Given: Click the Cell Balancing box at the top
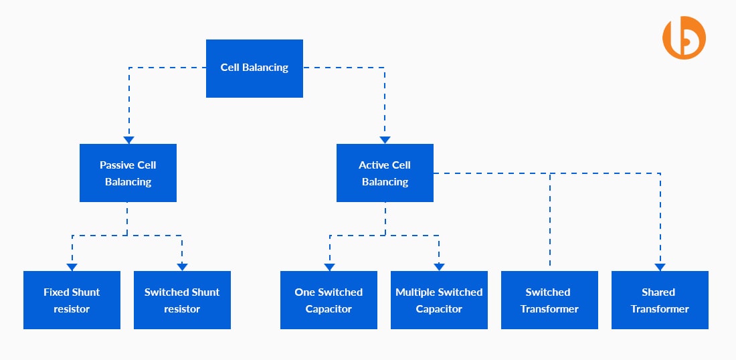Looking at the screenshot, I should click(254, 68).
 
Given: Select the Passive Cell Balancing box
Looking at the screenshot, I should click(128, 173).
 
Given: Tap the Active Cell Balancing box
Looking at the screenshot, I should click(385, 173).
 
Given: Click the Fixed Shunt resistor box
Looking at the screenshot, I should click(72, 300).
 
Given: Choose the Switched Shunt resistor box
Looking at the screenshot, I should click(182, 300).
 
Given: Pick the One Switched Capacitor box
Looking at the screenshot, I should click(329, 300).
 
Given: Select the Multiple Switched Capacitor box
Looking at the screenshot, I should click(439, 300).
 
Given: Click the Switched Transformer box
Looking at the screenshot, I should click(549, 300).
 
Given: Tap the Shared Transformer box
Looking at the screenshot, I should click(660, 300).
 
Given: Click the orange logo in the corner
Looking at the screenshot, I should click(684, 39).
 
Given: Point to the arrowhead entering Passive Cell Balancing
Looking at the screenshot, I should click(128, 140).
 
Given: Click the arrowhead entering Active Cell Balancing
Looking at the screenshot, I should click(385, 140).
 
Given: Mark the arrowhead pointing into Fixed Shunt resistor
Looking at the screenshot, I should click(72, 267).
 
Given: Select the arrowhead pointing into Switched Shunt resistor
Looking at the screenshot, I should click(182, 267).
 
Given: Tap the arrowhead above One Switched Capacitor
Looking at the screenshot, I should click(329, 267).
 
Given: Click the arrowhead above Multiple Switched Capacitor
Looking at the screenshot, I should click(439, 267).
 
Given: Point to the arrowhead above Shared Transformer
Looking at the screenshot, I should click(660, 267).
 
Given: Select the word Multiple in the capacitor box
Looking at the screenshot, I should click(416, 292).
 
